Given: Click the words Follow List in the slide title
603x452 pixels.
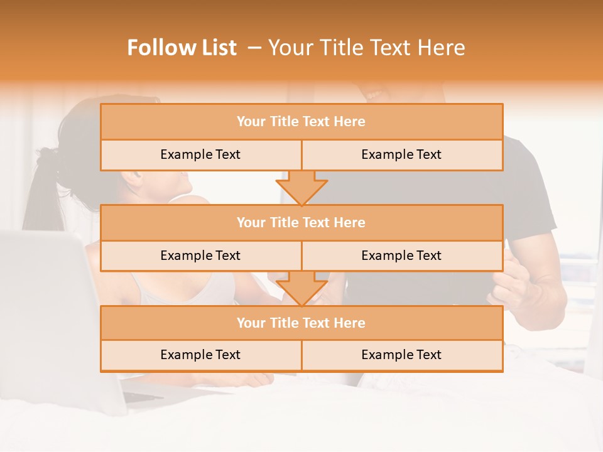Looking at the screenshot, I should [182, 48].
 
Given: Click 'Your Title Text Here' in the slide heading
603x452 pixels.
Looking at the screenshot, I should [366, 48].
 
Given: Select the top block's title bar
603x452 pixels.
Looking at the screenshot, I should [301, 122].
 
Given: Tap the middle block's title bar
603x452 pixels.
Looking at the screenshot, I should [301, 222].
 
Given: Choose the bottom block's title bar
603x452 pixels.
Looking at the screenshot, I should [301, 323].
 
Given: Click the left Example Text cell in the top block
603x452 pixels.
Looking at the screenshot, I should [200, 154].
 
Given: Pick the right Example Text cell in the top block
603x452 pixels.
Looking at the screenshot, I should [401, 154].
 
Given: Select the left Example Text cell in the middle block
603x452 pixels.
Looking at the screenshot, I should [200, 256].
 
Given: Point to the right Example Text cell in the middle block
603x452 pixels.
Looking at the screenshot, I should [401, 256].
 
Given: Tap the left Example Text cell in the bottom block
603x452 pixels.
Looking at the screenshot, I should [200, 355].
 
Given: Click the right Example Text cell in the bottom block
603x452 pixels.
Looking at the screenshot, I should [401, 355].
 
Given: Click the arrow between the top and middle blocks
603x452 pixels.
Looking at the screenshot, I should [301, 187].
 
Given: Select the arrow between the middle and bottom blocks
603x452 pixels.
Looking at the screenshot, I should [301, 288].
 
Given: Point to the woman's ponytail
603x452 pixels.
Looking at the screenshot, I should [38, 188].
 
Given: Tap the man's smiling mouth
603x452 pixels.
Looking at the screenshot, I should [375, 95].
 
